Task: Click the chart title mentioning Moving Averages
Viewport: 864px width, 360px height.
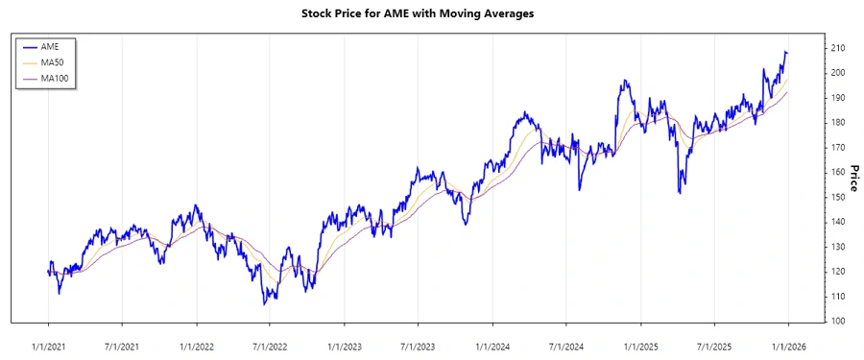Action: (432, 13)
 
